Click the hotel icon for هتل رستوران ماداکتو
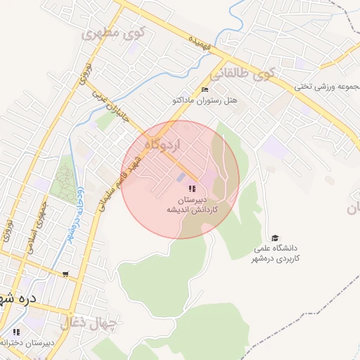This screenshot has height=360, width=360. pos(205,89)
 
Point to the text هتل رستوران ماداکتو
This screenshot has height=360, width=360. pos(205,101)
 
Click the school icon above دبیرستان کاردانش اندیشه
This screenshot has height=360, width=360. pos(192,188)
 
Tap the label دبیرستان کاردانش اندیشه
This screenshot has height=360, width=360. pos(192,205)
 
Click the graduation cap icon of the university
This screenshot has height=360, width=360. pos(275,238)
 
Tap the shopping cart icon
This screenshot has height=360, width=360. pos(65,274)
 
